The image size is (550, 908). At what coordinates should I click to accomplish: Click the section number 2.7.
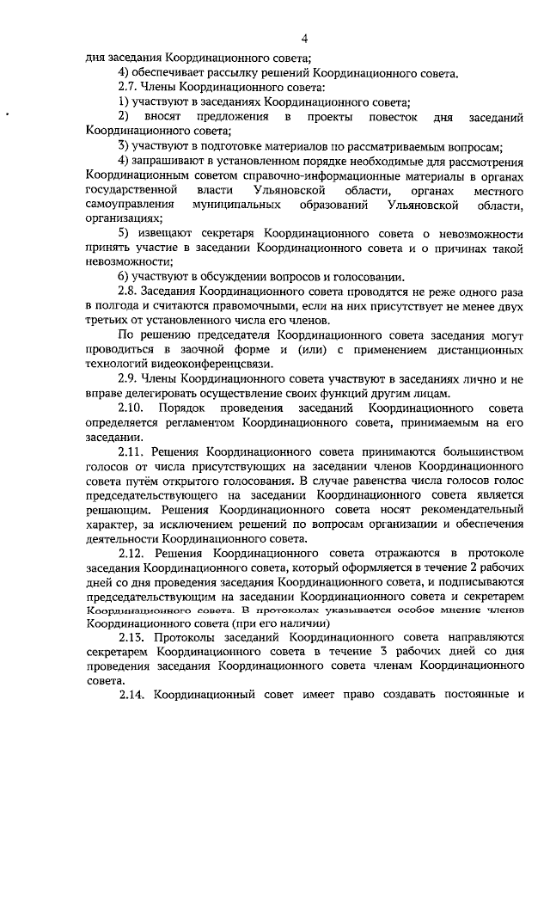tap(128, 87)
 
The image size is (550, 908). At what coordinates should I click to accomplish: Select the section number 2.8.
tap(128, 291)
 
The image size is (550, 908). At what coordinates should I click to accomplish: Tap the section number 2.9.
tap(128, 379)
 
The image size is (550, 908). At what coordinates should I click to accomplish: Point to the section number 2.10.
tap(131, 408)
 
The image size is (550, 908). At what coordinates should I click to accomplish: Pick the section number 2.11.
tap(131, 451)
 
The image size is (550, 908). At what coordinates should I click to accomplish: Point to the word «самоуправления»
tap(130, 205)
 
